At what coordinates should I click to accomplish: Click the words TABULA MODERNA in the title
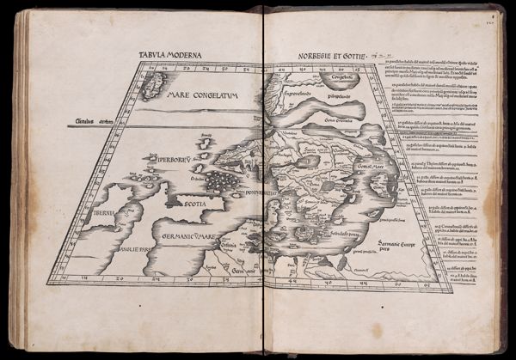click(x=170, y=55)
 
